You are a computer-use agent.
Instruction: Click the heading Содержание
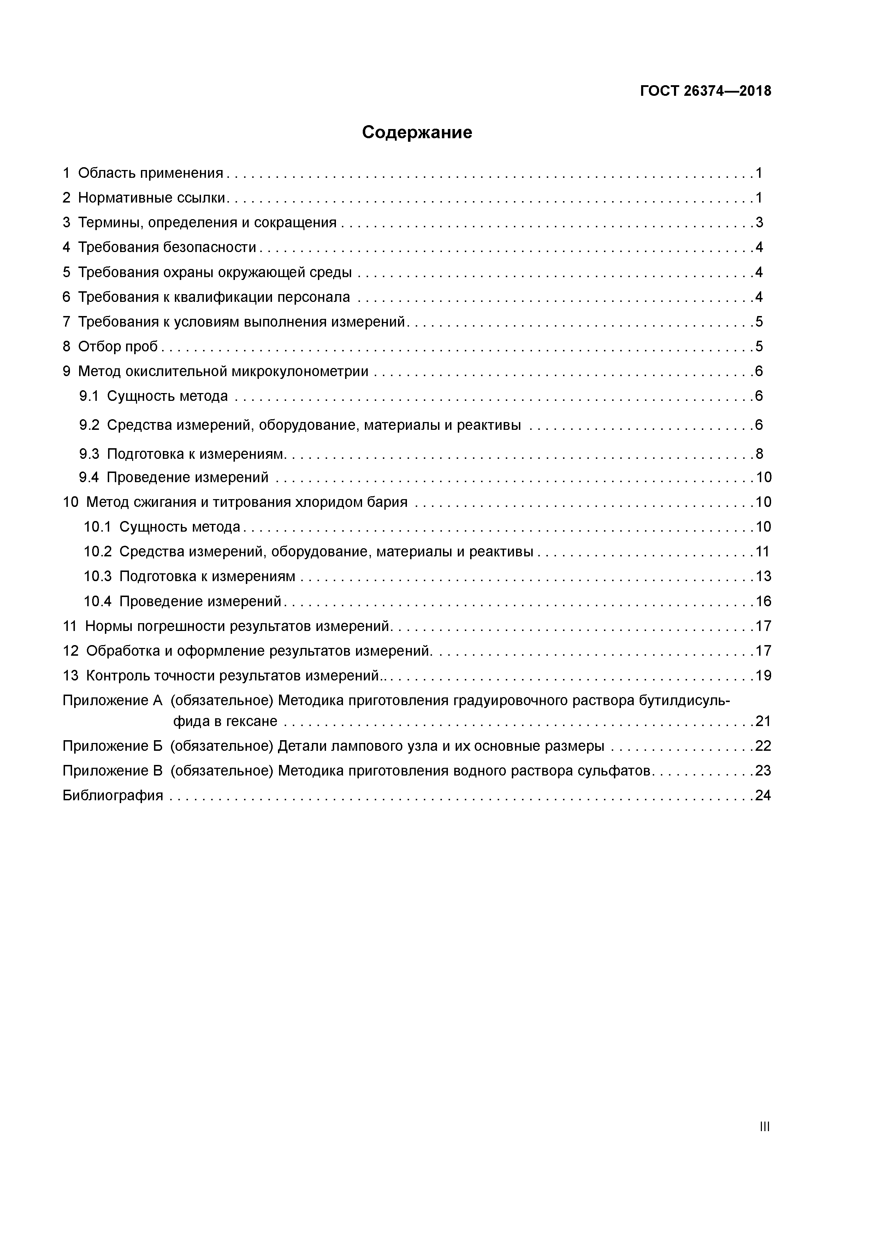[417, 132]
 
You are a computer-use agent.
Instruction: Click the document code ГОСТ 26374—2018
[705, 91]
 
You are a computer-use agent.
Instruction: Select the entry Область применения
[150, 173]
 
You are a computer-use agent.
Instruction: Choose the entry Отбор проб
[118, 346]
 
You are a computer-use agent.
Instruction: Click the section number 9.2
[89, 425]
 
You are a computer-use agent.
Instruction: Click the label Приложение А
[112, 701]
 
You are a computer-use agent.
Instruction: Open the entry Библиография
[113, 796]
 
